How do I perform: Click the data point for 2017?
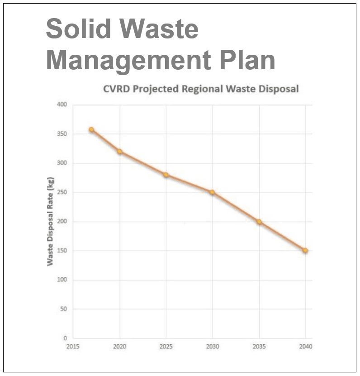[x=91, y=129]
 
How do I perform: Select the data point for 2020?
[x=119, y=152]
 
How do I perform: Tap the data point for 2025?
[x=166, y=175]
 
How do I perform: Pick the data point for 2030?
[x=212, y=192]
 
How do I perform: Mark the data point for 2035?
[x=259, y=222]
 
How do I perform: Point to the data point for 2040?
[x=305, y=250]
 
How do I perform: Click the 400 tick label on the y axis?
[x=62, y=105]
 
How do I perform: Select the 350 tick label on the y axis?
[x=62, y=134]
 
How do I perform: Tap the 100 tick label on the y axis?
[x=62, y=280]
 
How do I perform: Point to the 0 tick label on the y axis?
[x=65, y=338]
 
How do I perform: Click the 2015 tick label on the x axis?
[x=73, y=347]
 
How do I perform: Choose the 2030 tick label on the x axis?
[x=213, y=347]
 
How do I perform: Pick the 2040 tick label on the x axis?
[x=306, y=347]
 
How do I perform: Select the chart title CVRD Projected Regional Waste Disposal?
[x=201, y=89]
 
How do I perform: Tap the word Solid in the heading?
[x=78, y=29]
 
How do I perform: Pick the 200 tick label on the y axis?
[x=62, y=222]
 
